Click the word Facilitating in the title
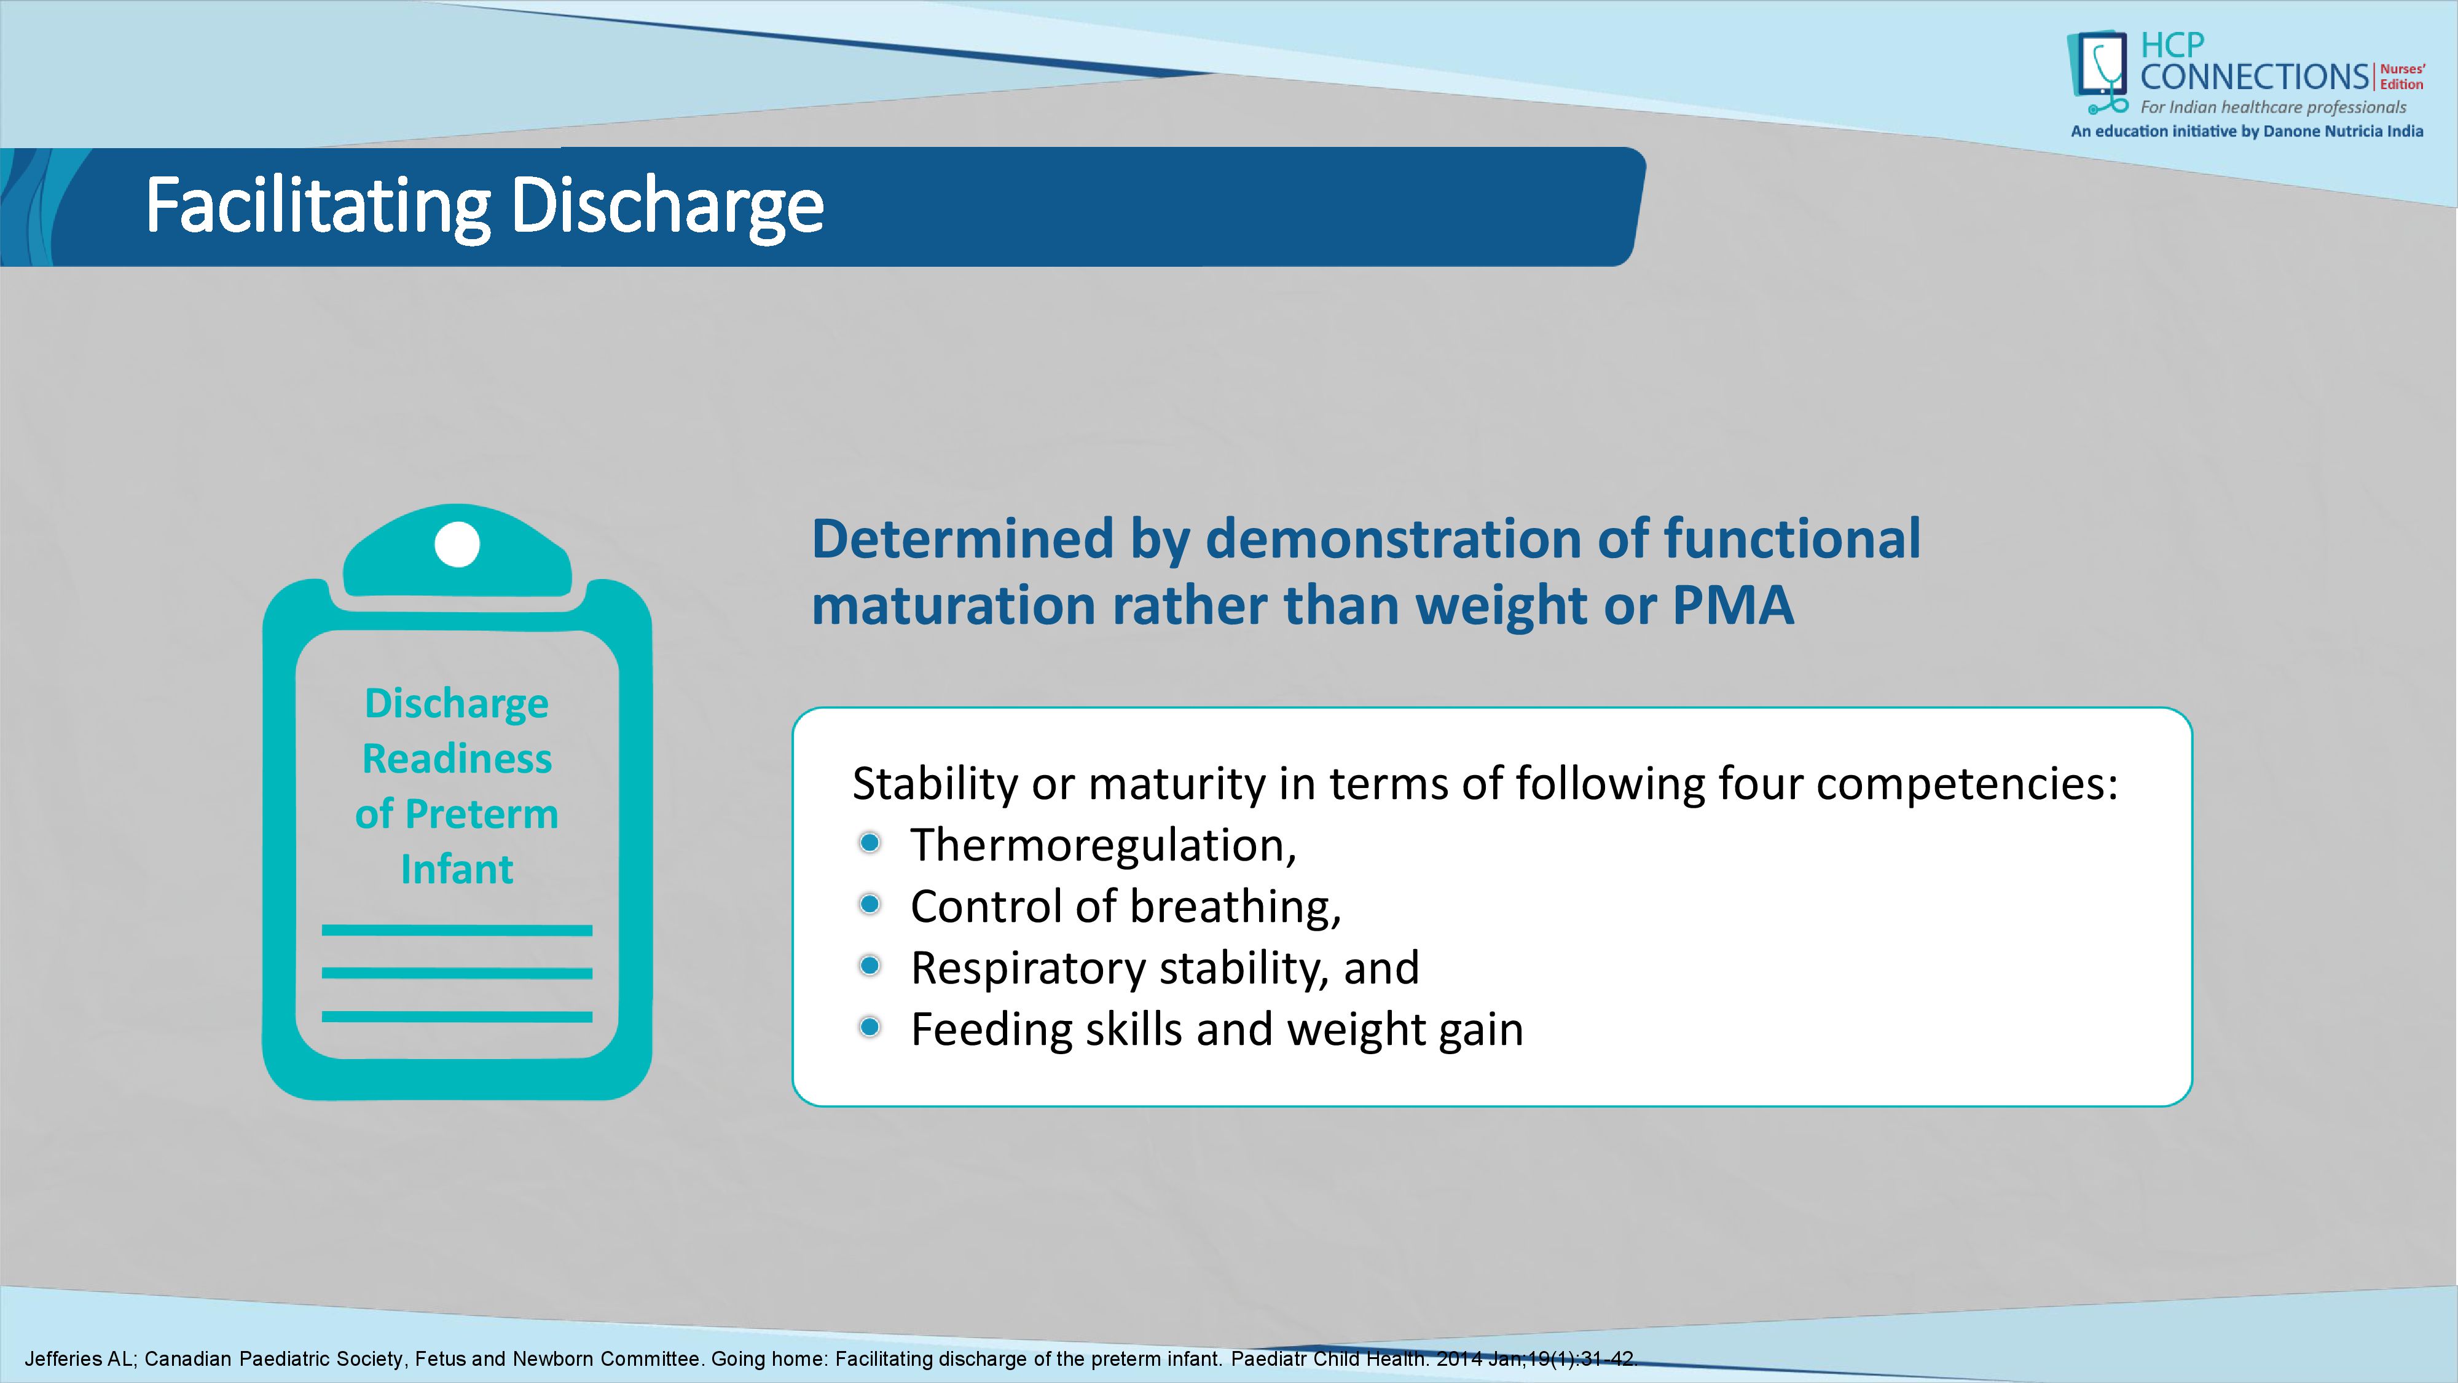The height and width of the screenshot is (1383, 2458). (318, 205)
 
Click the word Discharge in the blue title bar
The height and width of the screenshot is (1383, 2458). (667, 205)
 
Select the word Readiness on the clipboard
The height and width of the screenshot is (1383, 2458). (457, 758)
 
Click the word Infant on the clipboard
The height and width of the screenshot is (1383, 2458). (457, 870)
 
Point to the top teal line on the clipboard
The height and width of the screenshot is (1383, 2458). (457, 929)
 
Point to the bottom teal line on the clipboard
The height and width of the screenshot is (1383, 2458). (457, 1017)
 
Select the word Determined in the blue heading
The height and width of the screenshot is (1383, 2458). (962, 538)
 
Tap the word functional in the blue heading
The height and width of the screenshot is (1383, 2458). (1792, 538)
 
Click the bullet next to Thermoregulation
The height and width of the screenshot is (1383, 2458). (870, 843)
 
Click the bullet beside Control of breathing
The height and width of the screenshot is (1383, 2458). (870, 904)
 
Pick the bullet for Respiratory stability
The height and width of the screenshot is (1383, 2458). (870, 966)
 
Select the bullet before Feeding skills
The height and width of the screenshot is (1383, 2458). (870, 1027)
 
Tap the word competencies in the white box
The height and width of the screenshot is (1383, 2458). (1966, 784)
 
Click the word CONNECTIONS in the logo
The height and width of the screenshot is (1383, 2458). (2254, 76)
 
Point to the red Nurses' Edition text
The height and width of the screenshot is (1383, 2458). (2401, 76)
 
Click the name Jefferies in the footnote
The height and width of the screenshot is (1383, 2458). (63, 1359)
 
